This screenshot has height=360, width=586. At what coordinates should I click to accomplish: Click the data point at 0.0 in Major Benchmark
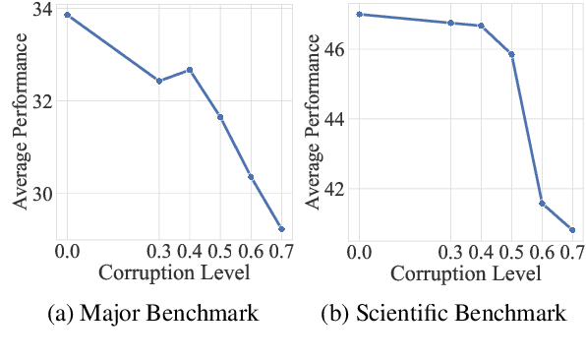67,15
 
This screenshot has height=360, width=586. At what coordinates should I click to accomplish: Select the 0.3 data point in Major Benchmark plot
159,81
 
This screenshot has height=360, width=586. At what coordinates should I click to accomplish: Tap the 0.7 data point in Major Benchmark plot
282,229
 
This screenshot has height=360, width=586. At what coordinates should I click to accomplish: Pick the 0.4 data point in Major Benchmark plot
190,70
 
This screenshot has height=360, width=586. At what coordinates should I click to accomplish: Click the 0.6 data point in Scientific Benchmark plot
542,204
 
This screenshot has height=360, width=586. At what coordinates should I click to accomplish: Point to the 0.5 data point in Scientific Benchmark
511,54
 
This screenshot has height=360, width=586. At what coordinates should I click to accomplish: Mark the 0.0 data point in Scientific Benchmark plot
360,15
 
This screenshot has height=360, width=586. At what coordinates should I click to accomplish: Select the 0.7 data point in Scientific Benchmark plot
572,230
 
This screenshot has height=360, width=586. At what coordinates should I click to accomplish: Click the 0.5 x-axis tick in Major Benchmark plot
220,251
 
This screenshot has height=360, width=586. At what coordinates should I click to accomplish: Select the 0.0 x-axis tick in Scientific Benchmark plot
360,251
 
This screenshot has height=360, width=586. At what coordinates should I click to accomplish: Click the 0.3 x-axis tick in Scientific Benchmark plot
450,251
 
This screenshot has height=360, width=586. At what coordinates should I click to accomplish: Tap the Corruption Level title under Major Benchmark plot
174,271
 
